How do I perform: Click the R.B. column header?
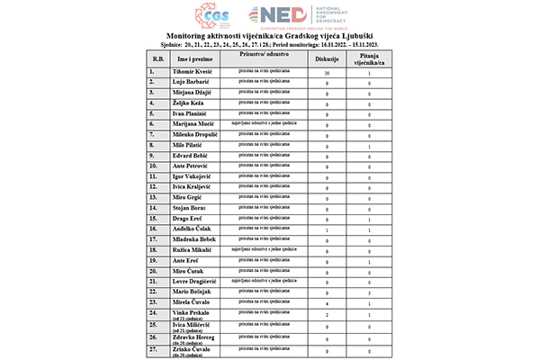[x=157, y=59]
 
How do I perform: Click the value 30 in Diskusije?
[x=326, y=72]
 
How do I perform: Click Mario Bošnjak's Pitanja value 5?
[x=369, y=293]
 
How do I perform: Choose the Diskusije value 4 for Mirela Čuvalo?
[x=326, y=304]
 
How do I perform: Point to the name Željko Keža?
[x=190, y=103]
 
